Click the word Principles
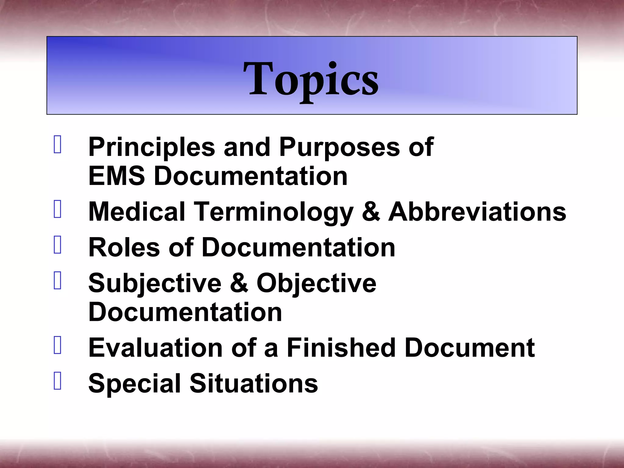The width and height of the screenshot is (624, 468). click(151, 147)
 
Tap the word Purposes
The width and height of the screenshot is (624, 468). click(339, 147)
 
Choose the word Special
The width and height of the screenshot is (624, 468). click(135, 384)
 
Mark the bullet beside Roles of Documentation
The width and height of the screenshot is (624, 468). click(58, 245)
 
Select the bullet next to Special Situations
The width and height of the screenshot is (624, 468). click(58, 381)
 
